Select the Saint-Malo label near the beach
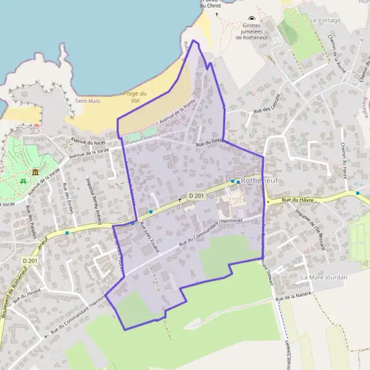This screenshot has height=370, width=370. click(x=87, y=101)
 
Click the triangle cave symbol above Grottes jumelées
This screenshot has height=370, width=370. click(x=251, y=18)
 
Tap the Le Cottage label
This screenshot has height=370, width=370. click(x=326, y=20)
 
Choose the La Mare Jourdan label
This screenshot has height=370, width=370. click(x=324, y=277)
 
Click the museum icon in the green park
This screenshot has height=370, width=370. click(x=35, y=171)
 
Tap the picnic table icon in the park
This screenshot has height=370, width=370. click(x=23, y=181)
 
